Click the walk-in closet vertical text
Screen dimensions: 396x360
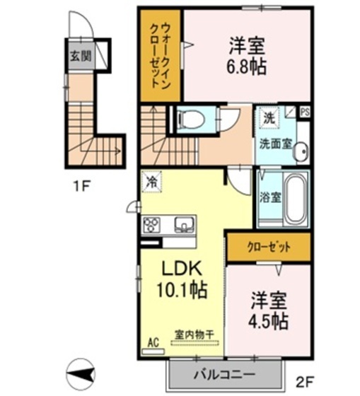[162, 55]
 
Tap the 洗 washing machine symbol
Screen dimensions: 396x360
[269, 117]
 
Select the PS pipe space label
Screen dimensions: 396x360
[305, 112]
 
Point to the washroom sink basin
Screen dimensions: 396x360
[303, 151]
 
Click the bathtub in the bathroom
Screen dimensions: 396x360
[296, 197]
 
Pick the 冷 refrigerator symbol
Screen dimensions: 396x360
[151, 181]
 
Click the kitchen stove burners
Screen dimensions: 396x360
[151, 226]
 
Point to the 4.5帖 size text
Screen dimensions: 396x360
[268, 321]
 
